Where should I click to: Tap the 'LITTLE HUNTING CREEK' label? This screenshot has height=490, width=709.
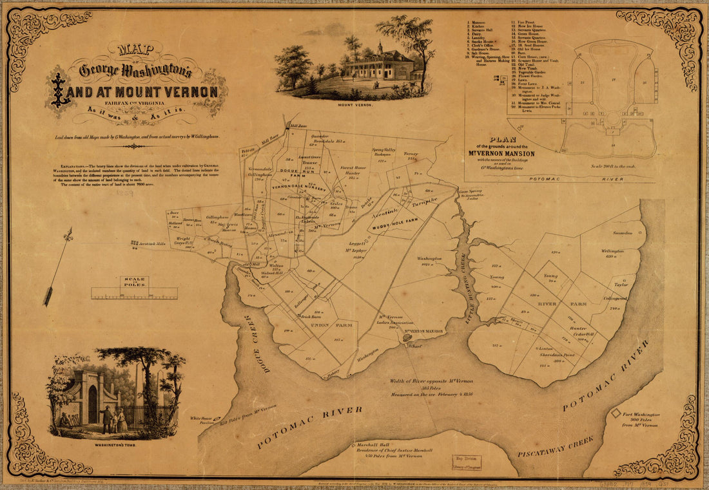[464, 277]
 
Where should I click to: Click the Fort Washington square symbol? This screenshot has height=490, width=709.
[616, 413]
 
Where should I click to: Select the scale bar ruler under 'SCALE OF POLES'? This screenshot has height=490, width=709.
[134, 294]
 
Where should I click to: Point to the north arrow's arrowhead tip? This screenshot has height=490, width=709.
[69, 231]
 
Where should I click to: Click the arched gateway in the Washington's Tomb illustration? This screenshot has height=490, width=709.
[92, 404]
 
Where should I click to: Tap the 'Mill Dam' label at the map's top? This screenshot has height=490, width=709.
[299, 126]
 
